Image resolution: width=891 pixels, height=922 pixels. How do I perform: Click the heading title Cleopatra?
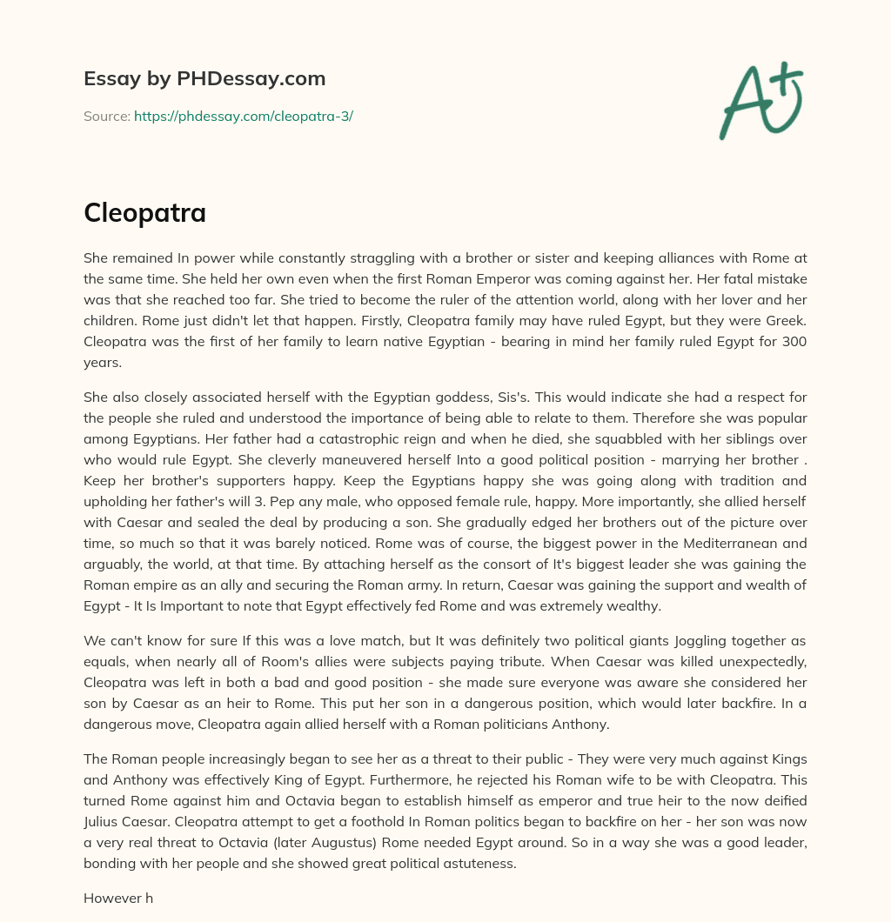[144, 212]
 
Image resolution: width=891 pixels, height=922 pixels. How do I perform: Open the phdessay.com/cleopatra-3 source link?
[243, 116]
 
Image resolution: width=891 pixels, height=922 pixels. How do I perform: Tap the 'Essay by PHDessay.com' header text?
[204, 79]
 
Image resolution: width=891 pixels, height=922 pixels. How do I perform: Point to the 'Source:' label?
[106, 116]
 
